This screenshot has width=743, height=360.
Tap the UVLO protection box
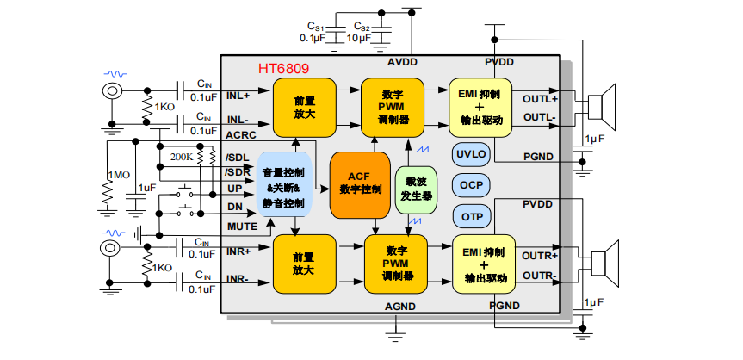click(x=471, y=155)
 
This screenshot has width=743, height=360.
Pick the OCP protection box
click(x=471, y=185)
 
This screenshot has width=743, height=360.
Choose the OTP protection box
click(x=471, y=216)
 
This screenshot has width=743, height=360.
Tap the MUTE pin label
click(x=241, y=226)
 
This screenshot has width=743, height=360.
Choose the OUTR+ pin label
click(x=540, y=256)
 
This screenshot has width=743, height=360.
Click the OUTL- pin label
click(x=539, y=116)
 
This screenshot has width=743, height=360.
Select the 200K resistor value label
click(x=182, y=157)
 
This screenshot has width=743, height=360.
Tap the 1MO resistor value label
click(x=118, y=175)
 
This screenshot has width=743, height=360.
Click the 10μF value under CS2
click(x=359, y=39)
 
